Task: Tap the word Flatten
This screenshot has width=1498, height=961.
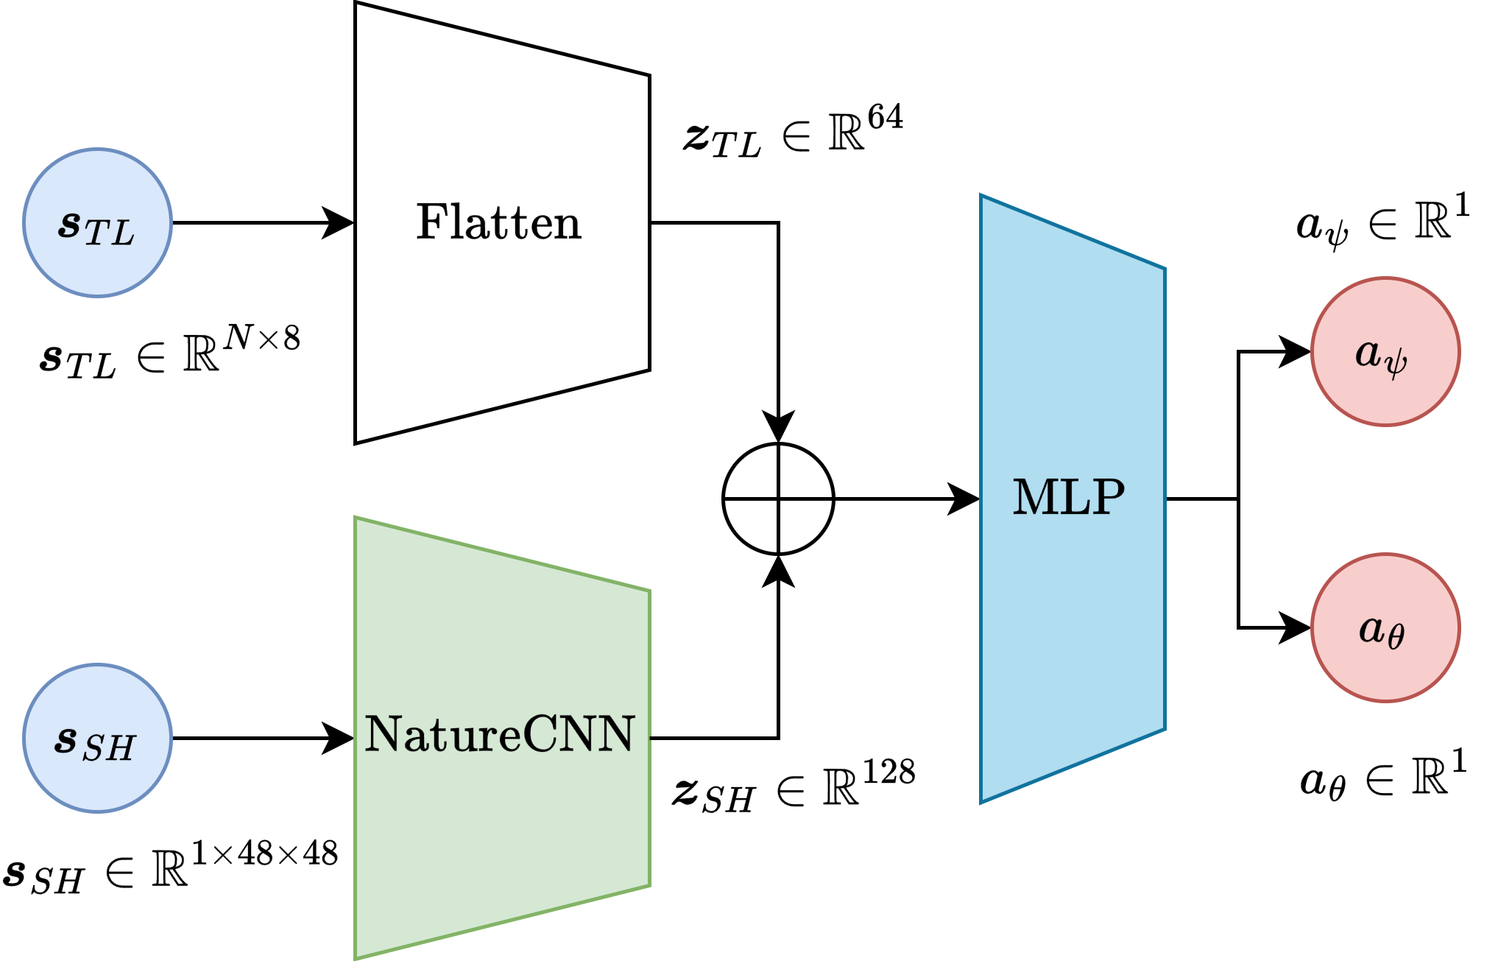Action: (499, 222)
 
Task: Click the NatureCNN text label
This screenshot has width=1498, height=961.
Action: (499, 734)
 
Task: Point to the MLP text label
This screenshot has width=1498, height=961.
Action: (1069, 497)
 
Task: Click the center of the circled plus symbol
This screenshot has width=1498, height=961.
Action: (778, 499)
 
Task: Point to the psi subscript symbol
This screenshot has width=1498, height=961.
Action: (1395, 363)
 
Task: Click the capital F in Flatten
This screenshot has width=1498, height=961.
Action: (432, 222)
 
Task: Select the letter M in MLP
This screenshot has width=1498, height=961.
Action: (1035, 497)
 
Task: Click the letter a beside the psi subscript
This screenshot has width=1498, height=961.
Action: (1368, 353)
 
